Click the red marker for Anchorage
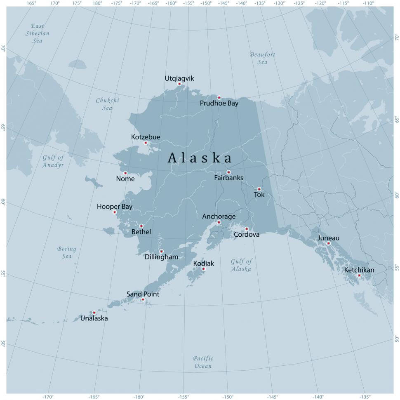219,222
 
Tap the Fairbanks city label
228,178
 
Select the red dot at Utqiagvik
179,84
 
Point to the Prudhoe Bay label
219,104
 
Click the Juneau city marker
328,243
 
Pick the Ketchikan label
359,270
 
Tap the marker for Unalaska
94,313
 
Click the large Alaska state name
200,158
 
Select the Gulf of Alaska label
241,265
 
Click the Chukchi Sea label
107,104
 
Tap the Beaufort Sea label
263,58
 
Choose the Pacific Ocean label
203,362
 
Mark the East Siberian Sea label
37,33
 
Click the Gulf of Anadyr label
53,161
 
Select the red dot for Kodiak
203,269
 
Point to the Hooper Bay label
115,207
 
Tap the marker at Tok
259,189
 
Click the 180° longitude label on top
97,3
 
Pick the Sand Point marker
143,299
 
